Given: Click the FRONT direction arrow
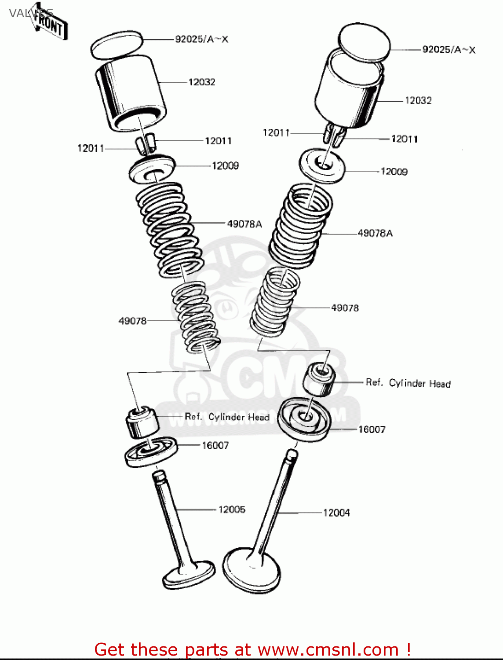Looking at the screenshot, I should coord(49,24).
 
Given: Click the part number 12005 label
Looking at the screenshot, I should coord(232,510).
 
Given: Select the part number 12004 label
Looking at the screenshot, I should coord(336,513).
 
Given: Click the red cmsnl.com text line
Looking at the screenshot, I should coord(253,649).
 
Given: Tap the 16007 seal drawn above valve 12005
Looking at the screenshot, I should coord(151,452).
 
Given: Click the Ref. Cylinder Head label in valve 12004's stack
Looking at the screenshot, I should coord(408,383).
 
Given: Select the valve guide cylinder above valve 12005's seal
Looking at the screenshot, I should coord(142,423).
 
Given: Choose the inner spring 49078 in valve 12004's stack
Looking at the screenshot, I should coord(276,301).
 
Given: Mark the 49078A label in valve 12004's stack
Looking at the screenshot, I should coord(375,233).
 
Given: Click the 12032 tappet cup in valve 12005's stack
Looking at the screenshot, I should coord(131,93).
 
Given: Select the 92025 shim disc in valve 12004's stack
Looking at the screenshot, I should coord(364,42).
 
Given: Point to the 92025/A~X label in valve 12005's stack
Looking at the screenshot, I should coord(202,39).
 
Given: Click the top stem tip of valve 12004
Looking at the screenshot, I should coord(292,453).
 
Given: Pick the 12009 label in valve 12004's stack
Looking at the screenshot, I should coord(394,172).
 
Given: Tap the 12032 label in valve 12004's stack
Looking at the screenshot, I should coord(418,101).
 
